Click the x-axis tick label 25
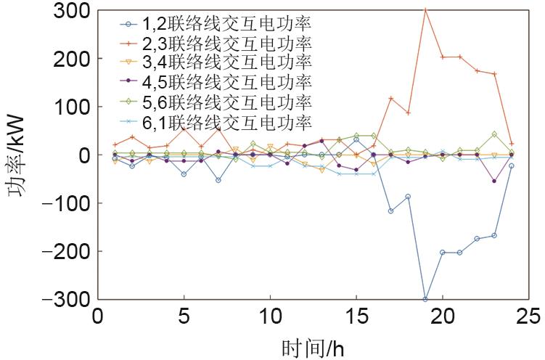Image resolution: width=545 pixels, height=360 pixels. tap(528, 317)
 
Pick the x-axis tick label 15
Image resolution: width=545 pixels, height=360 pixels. tap(356, 317)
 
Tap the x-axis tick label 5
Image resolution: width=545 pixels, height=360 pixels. tap(184, 317)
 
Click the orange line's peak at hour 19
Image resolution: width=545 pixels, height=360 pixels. tap(425, 10)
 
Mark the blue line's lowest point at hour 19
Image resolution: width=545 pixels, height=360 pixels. tap(425, 298)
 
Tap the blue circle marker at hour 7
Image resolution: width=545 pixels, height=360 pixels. tap(218, 180)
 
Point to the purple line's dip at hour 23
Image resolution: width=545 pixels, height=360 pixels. tap(494, 181)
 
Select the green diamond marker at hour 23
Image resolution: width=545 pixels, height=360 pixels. tap(494, 134)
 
